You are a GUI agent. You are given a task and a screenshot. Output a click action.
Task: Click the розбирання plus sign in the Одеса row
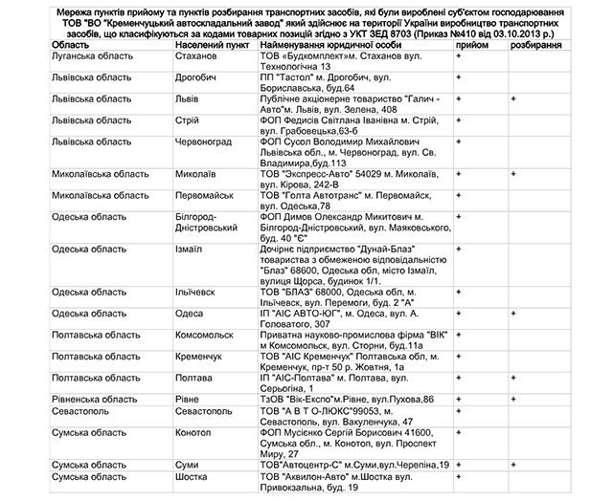514,312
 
